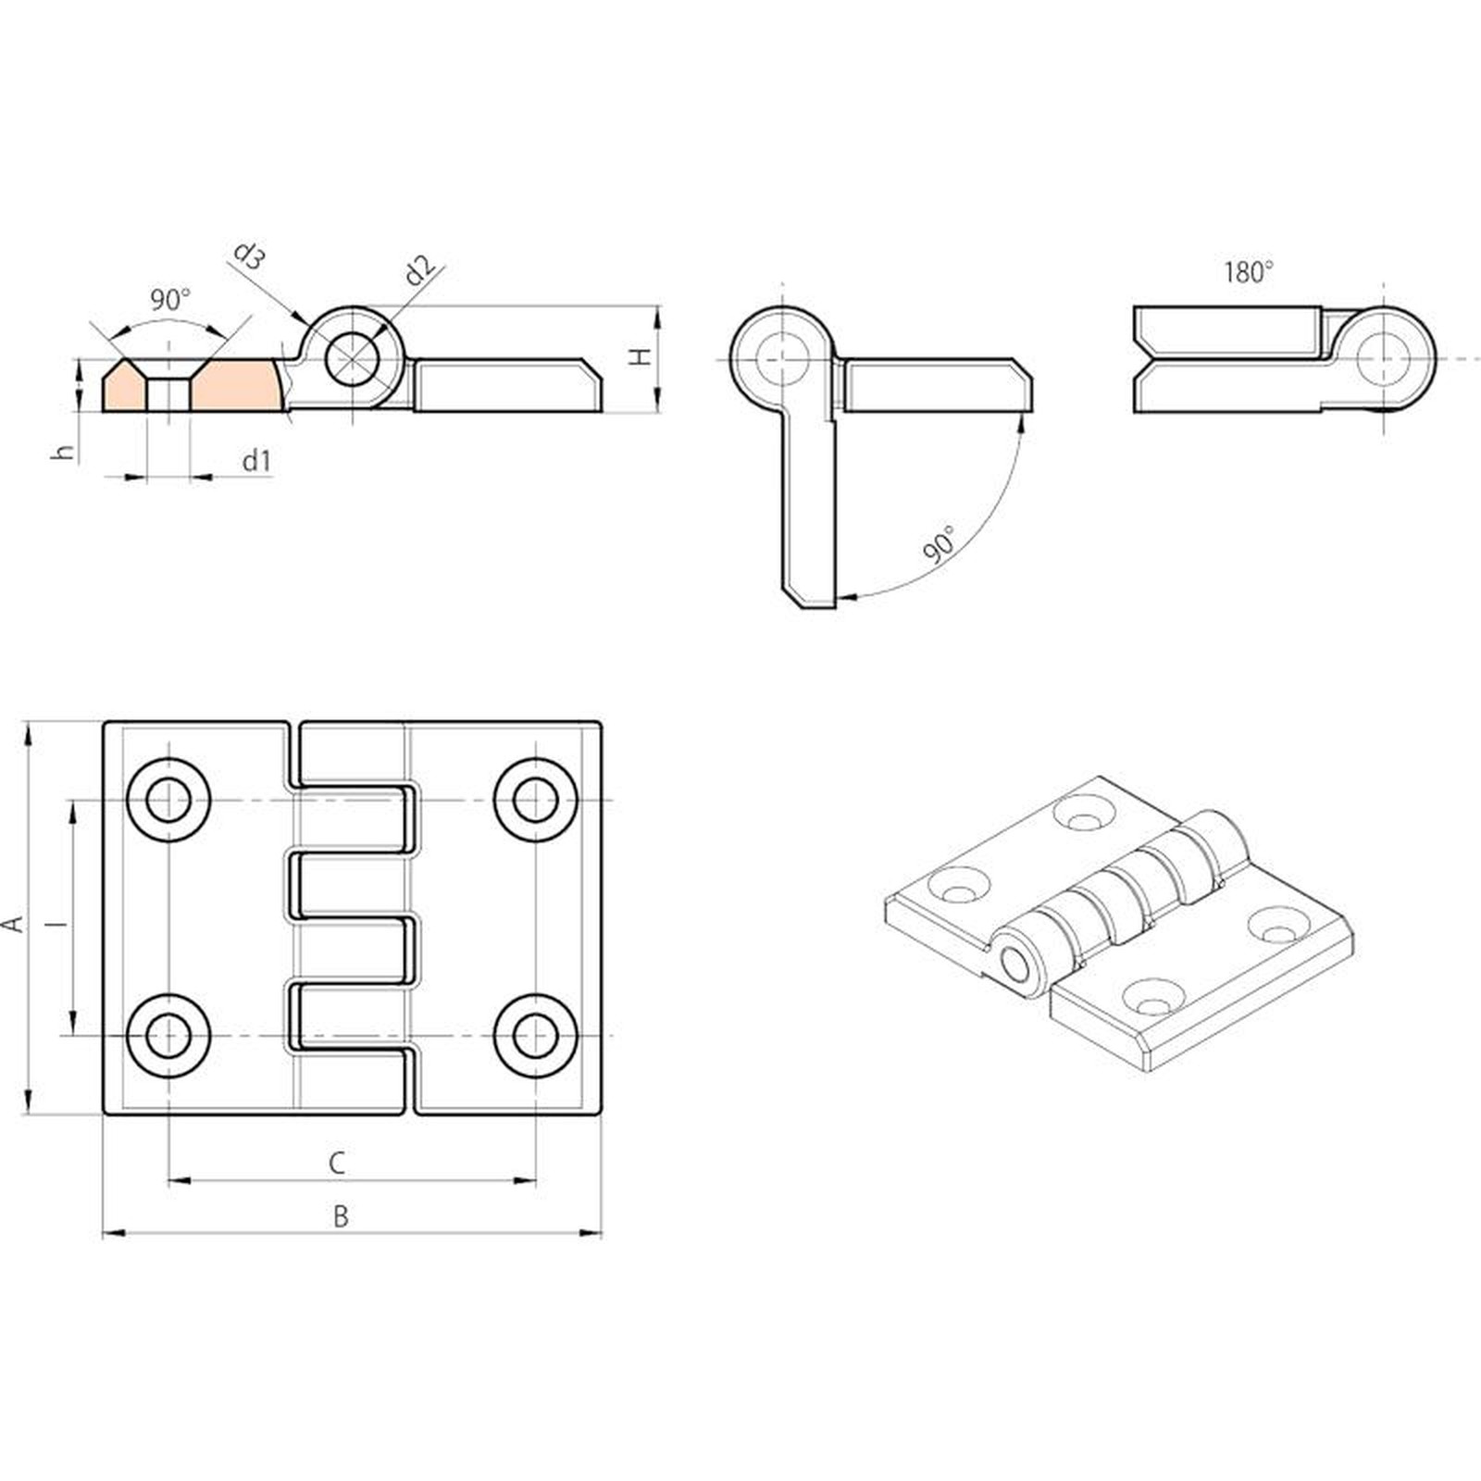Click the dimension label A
coord(14,924)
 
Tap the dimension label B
coord(341,1216)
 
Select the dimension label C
coord(337,1164)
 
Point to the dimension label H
coord(641,356)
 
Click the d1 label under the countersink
coord(256,460)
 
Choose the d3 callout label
coord(248,255)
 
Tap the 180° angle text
coord(1249,272)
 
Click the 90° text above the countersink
coord(170,299)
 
